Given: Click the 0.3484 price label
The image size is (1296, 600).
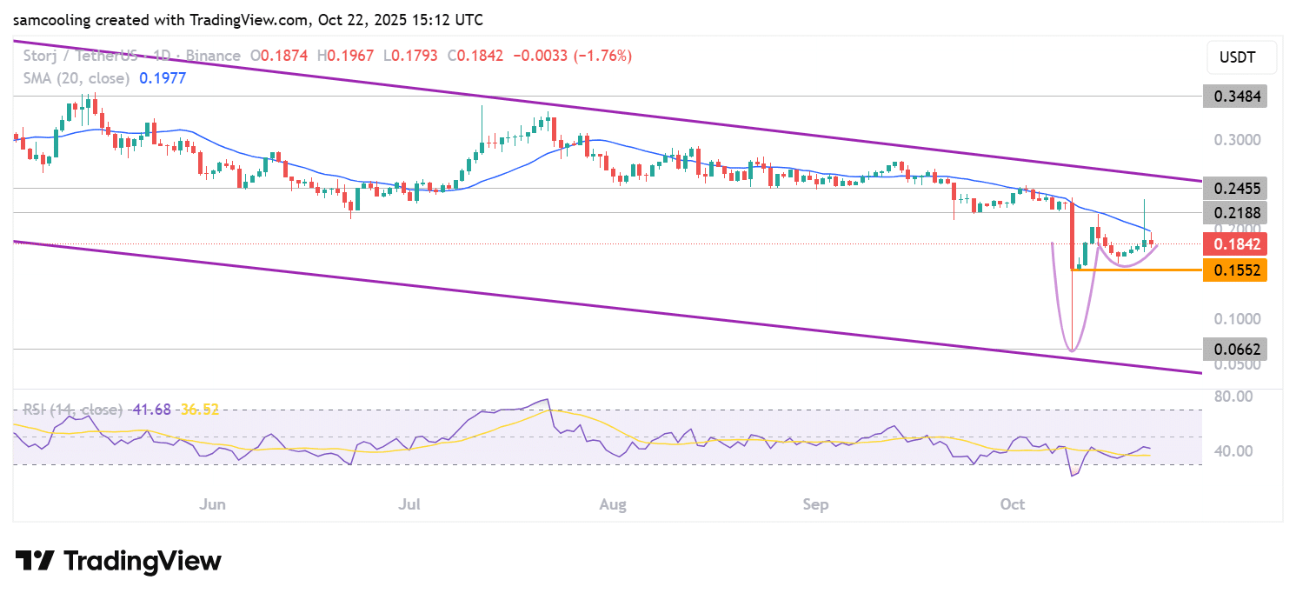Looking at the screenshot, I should pos(1234,96).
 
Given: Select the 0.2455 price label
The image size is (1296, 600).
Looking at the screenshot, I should pos(1234,188).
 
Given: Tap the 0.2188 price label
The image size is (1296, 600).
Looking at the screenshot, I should pos(1234,213).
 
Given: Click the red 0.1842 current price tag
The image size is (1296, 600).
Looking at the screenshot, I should pos(1234,244).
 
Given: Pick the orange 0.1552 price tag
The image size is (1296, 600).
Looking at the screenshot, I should pos(1234,270).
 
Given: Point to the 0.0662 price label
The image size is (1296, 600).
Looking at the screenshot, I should pos(1234,350).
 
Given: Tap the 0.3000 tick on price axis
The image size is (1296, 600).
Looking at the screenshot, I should pos(1234,140).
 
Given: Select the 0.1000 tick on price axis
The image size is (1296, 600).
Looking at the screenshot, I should pos(1234,318).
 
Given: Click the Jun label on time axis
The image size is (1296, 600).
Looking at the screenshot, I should pos(212,504).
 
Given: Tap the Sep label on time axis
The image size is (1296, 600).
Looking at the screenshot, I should pos(815,504).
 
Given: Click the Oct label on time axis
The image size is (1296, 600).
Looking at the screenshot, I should pos(1013,504).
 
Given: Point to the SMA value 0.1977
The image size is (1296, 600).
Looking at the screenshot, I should pos(162,78).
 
